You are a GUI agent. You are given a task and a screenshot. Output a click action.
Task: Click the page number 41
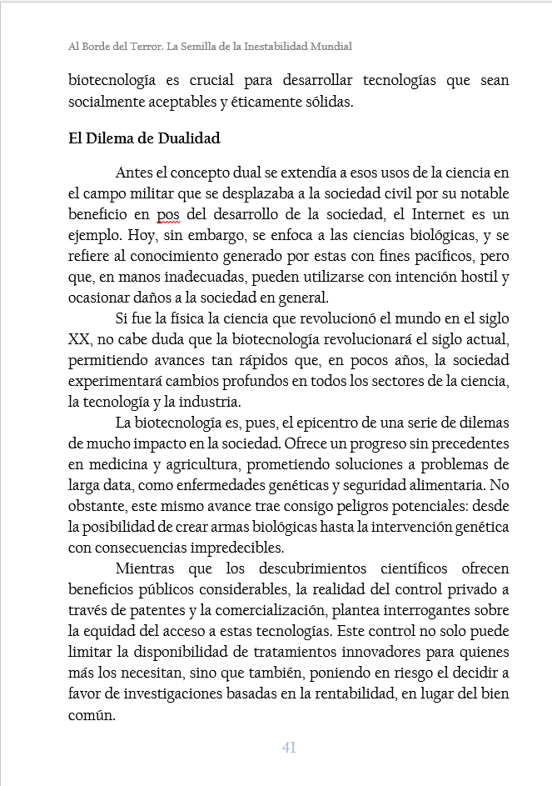pos(289,748)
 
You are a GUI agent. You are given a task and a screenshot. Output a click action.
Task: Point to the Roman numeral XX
pos(79,340)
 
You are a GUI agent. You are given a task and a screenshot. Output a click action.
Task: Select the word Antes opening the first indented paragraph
pos(135,173)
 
